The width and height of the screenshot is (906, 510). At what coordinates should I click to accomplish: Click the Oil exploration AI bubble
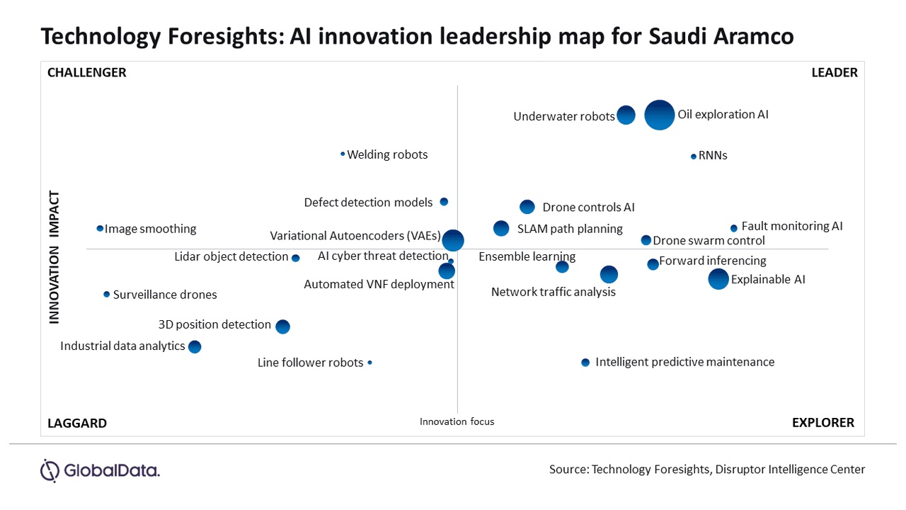(x=660, y=115)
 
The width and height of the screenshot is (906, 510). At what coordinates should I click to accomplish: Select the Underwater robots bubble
(x=626, y=115)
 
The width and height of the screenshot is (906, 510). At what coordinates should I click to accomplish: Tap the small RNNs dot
(x=694, y=157)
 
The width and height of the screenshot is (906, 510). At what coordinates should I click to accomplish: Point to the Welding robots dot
(x=343, y=154)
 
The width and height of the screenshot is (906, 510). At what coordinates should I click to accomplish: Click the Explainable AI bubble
(x=718, y=279)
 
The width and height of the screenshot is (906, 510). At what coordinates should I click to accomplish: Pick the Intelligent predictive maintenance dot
(x=585, y=363)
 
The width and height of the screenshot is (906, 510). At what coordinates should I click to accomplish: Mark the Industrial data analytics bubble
(x=195, y=347)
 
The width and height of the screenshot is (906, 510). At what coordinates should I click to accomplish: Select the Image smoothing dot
(x=100, y=229)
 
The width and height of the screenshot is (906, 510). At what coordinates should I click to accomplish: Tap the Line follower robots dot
(x=369, y=363)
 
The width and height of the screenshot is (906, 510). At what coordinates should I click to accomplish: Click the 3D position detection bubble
(x=282, y=327)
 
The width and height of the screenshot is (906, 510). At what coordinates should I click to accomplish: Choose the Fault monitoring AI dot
(x=734, y=228)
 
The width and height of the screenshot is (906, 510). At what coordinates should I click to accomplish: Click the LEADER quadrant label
(x=834, y=72)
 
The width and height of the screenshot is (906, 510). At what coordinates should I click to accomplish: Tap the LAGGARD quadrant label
(x=77, y=424)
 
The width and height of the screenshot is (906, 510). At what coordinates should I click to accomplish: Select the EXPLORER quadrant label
(x=822, y=423)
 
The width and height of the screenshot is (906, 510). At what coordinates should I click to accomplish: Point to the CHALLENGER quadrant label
(x=86, y=72)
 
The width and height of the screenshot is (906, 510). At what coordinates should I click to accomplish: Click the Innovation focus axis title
(x=457, y=421)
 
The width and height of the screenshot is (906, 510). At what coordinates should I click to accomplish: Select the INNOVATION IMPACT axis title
(x=54, y=257)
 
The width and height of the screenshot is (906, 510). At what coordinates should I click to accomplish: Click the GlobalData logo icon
(x=50, y=470)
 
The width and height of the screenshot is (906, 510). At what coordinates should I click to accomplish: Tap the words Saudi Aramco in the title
(x=721, y=37)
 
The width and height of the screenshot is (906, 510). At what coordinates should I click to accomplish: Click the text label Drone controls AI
(x=588, y=208)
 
